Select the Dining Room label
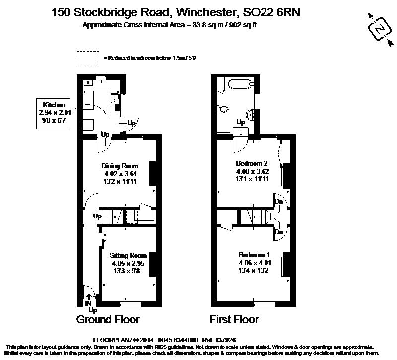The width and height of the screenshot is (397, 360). tap(120, 174)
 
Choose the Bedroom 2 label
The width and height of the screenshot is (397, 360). tap(252, 171)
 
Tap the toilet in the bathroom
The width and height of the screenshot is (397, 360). tap(223, 108)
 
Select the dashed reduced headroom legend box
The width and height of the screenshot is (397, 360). tap(87, 58)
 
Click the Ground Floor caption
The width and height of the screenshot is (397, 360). tap(108, 319)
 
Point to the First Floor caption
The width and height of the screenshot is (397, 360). tap(234, 319)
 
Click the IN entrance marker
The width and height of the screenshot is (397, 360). tap(88, 303)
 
